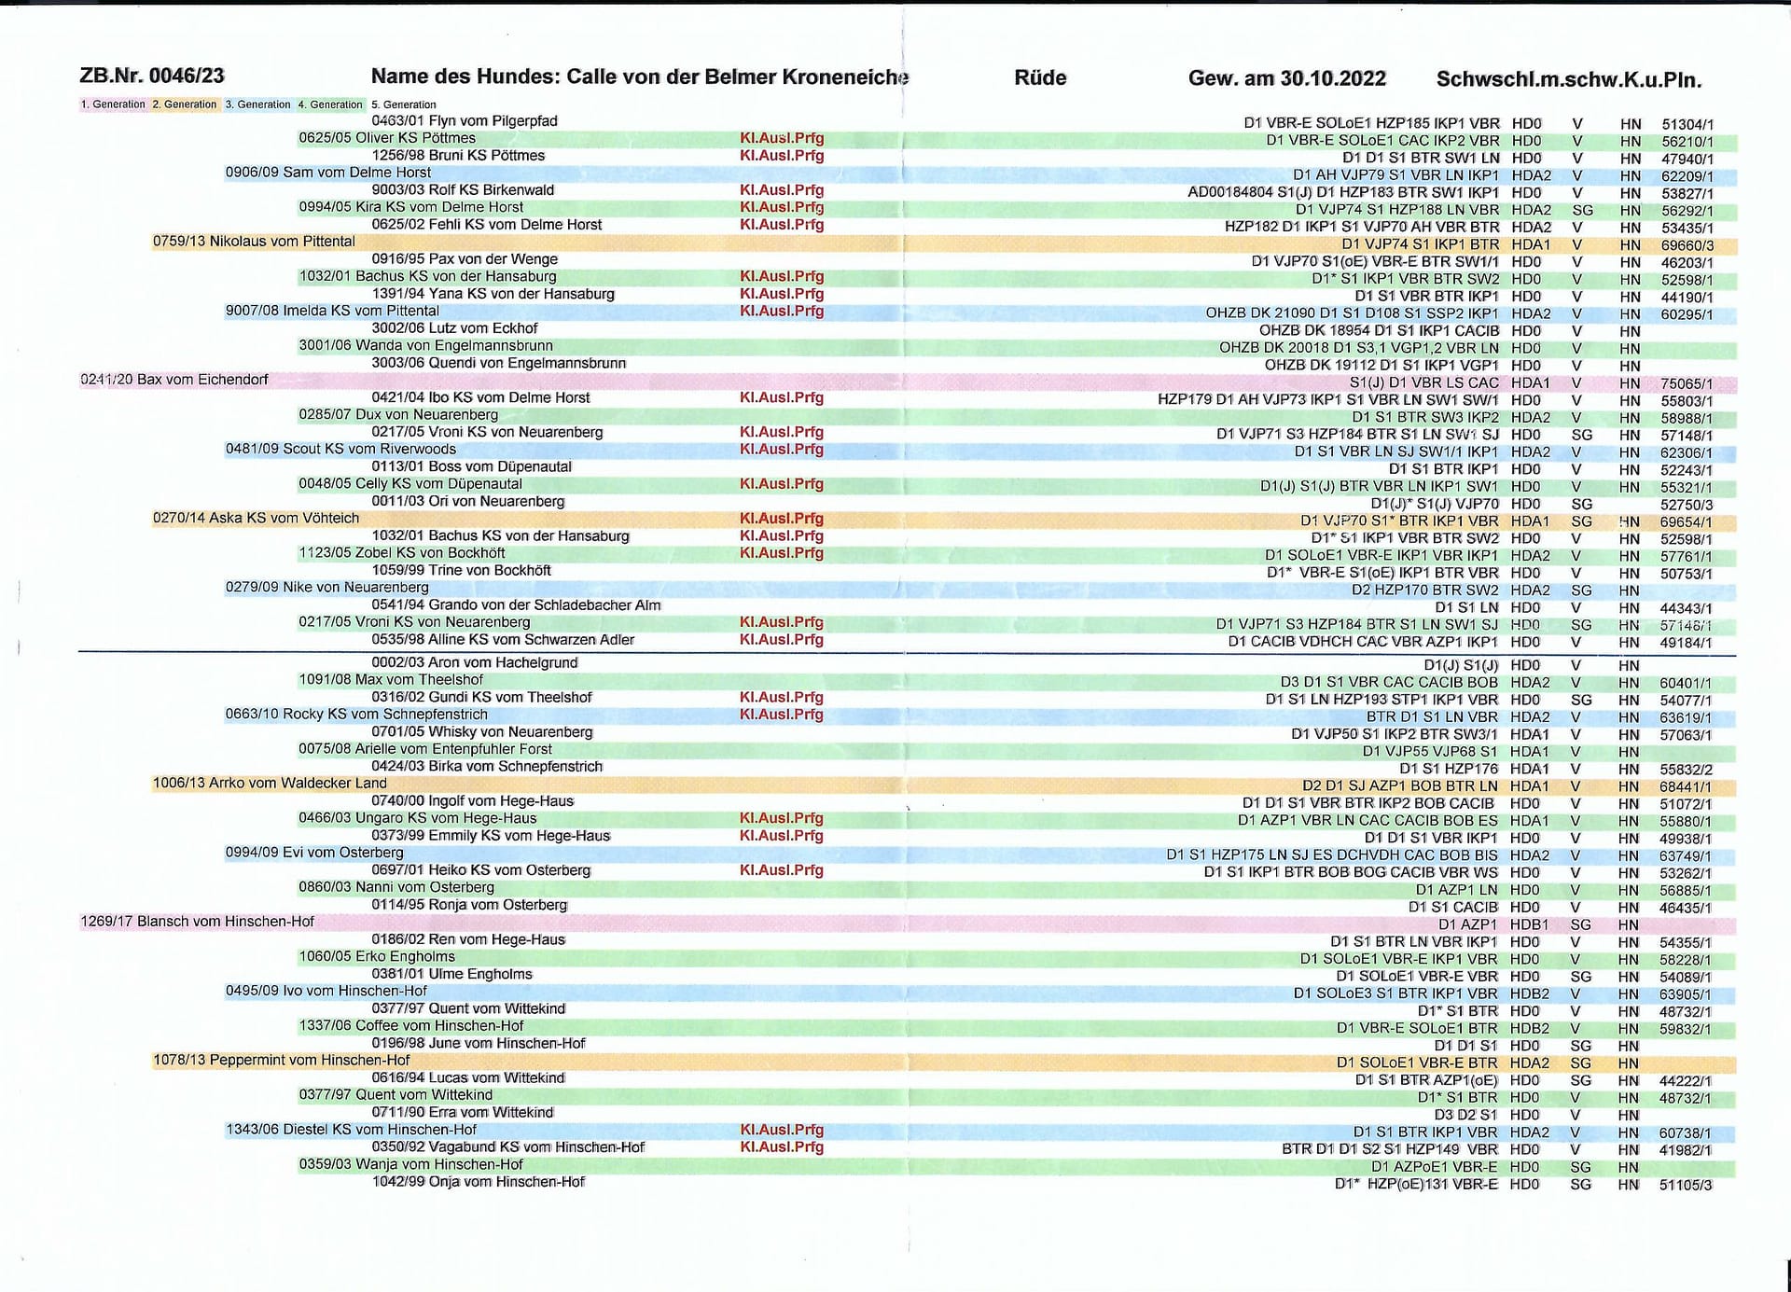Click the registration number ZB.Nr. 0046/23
coord(152,76)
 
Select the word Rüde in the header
coord(1040,78)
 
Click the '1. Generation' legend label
coord(113,104)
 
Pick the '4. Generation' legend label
coord(330,104)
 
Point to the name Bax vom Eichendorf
coord(174,380)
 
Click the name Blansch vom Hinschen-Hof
coord(197,922)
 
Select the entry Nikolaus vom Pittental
coord(254,242)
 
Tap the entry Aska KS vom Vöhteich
coord(256,518)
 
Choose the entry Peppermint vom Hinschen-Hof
coord(281,1061)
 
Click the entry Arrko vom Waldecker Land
coord(270,784)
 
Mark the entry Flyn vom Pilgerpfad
coord(465,121)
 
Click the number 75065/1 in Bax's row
coord(1686,383)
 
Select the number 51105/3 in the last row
coord(1686,1185)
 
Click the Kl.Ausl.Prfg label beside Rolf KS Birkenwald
coord(782,190)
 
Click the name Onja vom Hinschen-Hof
coord(478,1182)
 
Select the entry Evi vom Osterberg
coord(314,853)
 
